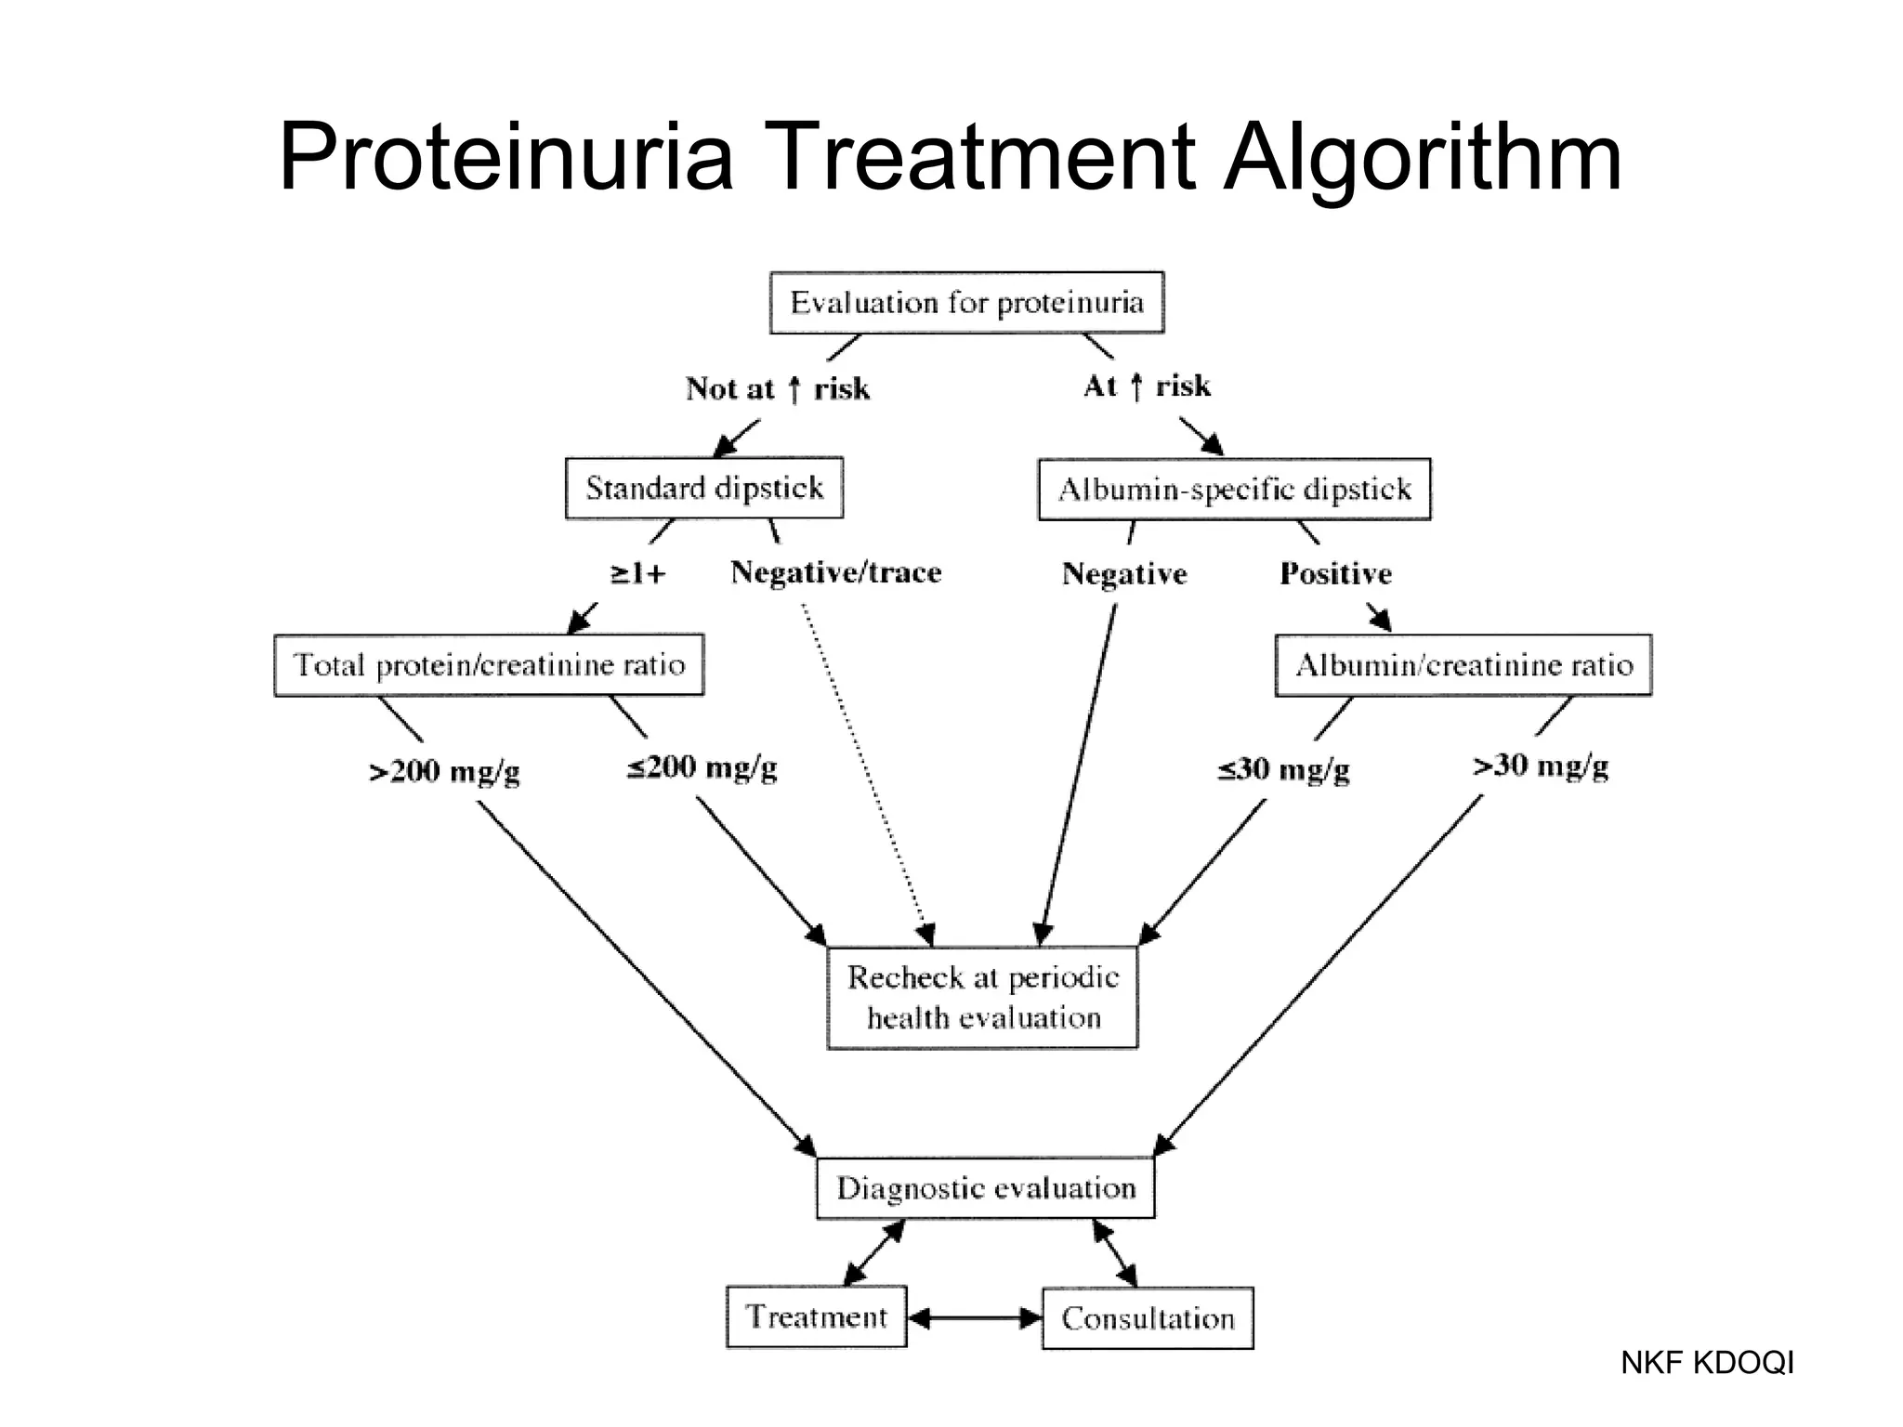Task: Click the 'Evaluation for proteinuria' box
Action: point(966,303)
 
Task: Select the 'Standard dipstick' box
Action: point(704,488)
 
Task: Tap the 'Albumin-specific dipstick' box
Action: point(1234,490)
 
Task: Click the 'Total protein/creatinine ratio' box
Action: point(489,665)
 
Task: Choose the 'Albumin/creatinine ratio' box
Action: point(1463,665)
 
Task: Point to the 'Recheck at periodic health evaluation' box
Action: point(982,998)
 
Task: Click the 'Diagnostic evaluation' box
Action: point(986,1187)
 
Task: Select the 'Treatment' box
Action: point(816,1316)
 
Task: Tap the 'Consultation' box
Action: point(1148,1317)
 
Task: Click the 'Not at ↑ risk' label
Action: point(778,388)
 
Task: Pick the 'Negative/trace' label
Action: point(836,572)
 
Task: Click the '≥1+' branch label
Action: point(638,573)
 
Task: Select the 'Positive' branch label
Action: point(1335,573)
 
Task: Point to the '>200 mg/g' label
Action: point(444,771)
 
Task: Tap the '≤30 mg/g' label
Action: point(1283,770)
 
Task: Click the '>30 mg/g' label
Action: point(1541,766)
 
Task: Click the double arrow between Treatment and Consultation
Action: point(975,1317)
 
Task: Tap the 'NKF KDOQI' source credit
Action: point(1707,1363)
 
